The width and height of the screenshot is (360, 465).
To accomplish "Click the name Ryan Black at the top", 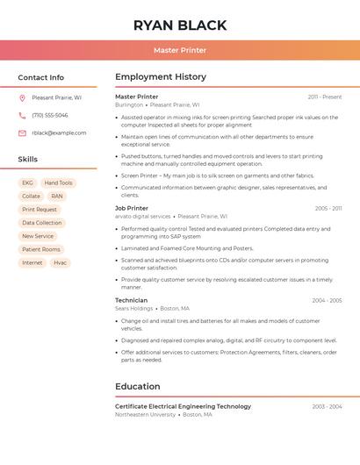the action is pos(180,25).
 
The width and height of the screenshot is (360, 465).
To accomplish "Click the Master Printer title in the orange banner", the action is pos(180,50).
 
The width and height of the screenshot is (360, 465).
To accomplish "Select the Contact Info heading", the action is pos(41,77).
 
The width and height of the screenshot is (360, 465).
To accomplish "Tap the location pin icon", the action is pos(22,98).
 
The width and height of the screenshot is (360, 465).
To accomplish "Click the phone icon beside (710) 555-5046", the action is pos(22,116).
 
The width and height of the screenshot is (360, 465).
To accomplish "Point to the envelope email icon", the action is pos(22,133).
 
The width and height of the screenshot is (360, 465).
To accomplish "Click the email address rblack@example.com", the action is pos(59,133).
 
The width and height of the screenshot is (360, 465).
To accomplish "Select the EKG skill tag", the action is pos(27,183).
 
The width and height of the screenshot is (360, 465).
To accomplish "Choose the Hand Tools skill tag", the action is pos(59,183).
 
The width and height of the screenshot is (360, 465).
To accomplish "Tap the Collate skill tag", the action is pos(31,197).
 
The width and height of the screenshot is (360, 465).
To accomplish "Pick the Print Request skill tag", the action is pos(40,210).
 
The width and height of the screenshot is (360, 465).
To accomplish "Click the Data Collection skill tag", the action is pos(42,223).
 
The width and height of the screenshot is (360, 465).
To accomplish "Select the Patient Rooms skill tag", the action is pos(41,249).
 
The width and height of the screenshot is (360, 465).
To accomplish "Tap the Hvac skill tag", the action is pos(60,262).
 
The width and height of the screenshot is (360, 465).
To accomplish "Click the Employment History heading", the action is pos(161,77).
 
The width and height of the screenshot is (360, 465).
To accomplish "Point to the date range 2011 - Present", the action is pos(325,97).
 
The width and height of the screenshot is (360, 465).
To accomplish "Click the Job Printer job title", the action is pos(132,208).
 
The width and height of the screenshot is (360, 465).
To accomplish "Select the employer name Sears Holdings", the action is pos(134,308).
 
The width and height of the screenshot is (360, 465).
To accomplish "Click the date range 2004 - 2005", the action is pos(327,300).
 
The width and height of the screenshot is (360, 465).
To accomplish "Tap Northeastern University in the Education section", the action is pos(146,414).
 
